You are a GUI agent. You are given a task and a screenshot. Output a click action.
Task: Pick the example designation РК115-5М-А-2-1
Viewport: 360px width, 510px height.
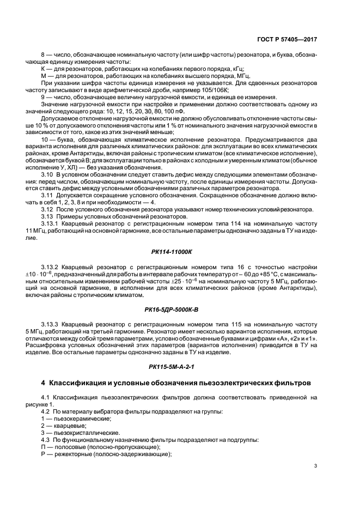pyautogui.click(x=179, y=367)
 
